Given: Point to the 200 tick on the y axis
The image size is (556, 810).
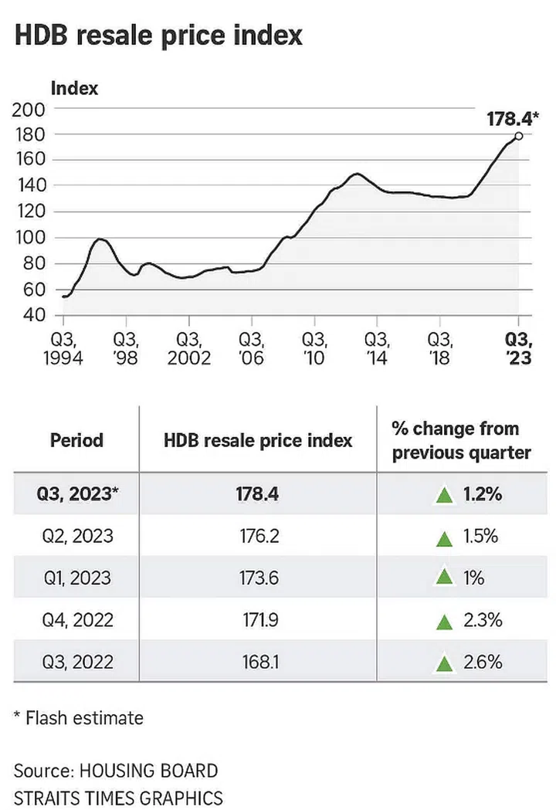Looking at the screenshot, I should (29, 109).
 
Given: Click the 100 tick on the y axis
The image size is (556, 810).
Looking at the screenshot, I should (29, 237).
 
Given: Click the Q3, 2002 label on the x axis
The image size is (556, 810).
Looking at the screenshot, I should (188, 350).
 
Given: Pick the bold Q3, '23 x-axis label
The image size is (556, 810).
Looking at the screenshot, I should (518, 350).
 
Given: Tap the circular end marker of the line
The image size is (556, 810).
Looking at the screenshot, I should (518, 136).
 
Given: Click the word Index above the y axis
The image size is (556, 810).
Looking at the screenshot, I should (74, 88).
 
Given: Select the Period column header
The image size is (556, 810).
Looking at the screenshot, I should (76, 440).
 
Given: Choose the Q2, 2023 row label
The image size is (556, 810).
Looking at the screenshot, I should (76, 536).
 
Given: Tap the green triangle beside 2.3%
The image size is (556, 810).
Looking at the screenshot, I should (443, 621).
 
